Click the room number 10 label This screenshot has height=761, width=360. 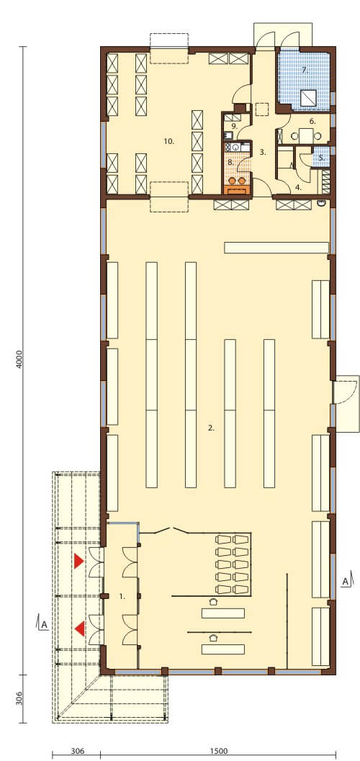169,141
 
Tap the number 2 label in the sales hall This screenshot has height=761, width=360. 210,428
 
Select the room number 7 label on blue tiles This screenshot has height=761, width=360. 305,71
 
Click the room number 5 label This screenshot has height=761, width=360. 322,158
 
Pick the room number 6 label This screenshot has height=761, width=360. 312,122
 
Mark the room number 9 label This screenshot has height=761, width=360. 234,126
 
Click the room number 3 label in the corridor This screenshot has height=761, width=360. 263,153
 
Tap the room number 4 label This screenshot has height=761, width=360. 299,186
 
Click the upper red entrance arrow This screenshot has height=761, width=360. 78,562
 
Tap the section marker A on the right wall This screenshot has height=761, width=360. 345,581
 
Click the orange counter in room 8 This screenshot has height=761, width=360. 238,189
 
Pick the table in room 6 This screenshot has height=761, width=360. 306,135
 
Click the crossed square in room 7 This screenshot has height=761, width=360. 309,98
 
